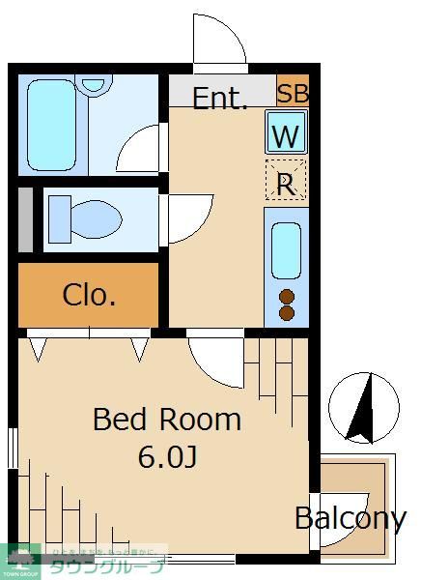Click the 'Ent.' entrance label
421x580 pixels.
tap(220, 98)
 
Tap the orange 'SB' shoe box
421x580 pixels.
tap(292, 94)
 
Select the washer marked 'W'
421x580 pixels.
tap(286, 136)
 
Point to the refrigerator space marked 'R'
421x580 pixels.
tap(286, 183)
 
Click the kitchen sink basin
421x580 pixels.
tap(286, 249)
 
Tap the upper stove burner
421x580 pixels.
tap(286, 297)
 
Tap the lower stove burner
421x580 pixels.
tap(286, 312)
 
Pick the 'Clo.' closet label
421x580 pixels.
tap(89, 295)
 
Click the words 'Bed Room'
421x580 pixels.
tap(166, 420)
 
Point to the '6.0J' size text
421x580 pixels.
tap(167, 456)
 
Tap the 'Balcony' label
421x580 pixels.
tap(350, 518)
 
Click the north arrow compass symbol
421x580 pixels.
tap(363, 407)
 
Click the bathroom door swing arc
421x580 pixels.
tap(141, 150)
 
